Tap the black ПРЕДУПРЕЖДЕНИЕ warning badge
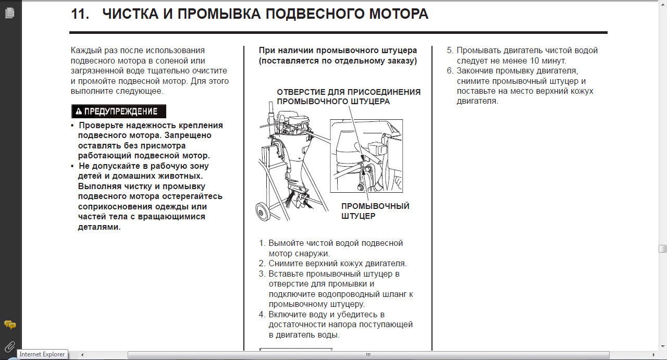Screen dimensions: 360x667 click(118, 111)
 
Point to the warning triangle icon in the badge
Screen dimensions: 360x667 click(79, 111)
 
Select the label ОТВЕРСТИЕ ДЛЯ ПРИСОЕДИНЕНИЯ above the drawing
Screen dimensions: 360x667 click(348, 92)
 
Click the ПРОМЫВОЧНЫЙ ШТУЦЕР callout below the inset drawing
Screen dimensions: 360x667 click(375, 211)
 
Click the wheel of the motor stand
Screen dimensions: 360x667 click(262, 213)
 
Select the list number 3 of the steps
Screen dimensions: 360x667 click(262, 274)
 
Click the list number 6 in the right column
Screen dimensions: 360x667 click(450, 71)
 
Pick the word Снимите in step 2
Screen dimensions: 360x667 click(284, 264)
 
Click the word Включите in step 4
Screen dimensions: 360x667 click(287, 315)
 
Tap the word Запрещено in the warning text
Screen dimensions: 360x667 click(190, 135)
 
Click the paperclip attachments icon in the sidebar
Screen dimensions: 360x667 click(9, 346)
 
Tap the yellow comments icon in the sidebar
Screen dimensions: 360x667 click(9, 325)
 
